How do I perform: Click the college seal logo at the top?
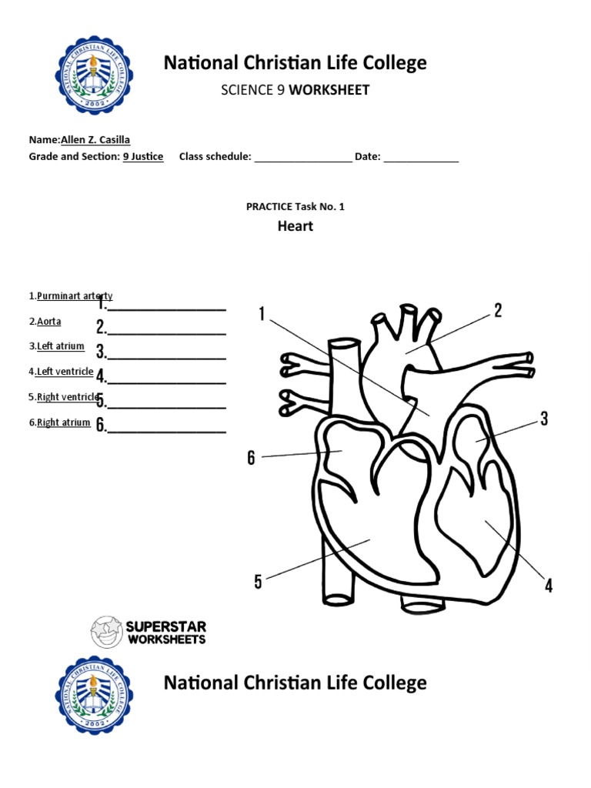pos(93,74)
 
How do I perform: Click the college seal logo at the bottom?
pos(93,694)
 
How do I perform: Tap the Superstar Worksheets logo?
pos(148,632)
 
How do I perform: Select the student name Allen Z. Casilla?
pos(100,139)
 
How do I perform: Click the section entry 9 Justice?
pos(143,156)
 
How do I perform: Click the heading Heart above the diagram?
pos(295,226)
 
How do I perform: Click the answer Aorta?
pos(49,321)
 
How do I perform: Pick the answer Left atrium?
pos(61,346)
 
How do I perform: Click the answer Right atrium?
pos(63,422)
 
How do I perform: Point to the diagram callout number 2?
pos(498,311)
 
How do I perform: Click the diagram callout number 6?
pos(251,458)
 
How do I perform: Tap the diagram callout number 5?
pos(258,581)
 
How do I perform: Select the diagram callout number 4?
pos(548,586)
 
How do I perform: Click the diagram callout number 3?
pos(543,419)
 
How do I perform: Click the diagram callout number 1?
pos(262,314)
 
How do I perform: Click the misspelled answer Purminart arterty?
pos(75,295)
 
